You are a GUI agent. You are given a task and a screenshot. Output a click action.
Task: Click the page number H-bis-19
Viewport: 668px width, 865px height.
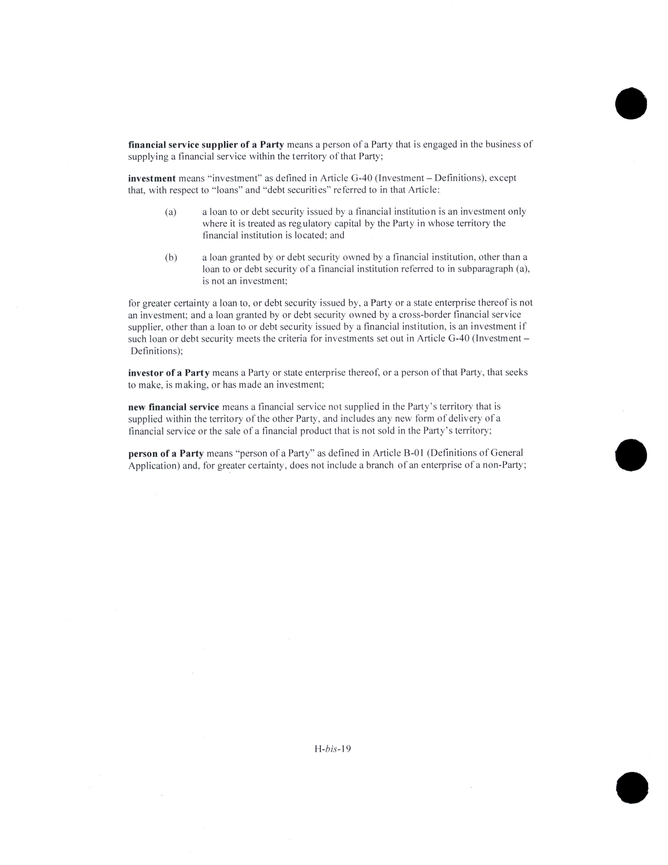(333, 749)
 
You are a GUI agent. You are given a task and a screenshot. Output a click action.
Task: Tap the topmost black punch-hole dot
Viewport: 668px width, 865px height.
(631, 104)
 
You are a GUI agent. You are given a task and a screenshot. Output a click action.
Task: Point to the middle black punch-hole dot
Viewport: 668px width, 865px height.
(631, 455)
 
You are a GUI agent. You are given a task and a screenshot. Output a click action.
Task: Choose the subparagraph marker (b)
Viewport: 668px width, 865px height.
(171, 257)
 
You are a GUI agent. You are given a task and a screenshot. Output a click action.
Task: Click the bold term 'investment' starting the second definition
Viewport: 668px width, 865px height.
(152, 178)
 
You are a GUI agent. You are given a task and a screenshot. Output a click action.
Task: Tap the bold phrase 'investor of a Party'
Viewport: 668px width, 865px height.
(169, 373)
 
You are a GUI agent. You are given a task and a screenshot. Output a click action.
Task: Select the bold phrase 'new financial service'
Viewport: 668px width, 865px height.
(173, 407)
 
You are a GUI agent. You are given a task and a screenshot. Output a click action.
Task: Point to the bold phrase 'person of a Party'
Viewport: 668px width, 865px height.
(165, 453)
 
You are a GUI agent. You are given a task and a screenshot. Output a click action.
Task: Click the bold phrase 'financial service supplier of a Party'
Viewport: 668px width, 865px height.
(206, 145)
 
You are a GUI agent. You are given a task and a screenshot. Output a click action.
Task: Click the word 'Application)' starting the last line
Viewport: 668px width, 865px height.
(154, 466)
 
